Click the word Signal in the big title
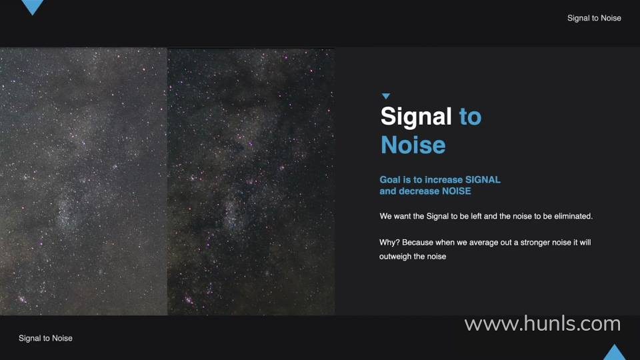pyautogui.click(x=416, y=117)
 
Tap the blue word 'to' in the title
pyautogui.click(x=470, y=117)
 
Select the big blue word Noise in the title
pyautogui.click(x=413, y=145)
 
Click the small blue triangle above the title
pyautogui.click(x=386, y=96)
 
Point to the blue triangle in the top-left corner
pyautogui.click(x=32, y=6)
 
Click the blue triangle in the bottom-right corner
pyautogui.click(x=614, y=353)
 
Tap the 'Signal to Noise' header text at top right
pyautogui.click(x=594, y=18)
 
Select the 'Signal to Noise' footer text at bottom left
pyautogui.click(x=46, y=338)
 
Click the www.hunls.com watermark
pyautogui.click(x=543, y=324)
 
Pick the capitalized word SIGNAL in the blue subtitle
pyautogui.click(x=483, y=179)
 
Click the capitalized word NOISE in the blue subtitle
pyautogui.click(x=457, y=191)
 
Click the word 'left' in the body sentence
pyautogui.click(x=476, y=216)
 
